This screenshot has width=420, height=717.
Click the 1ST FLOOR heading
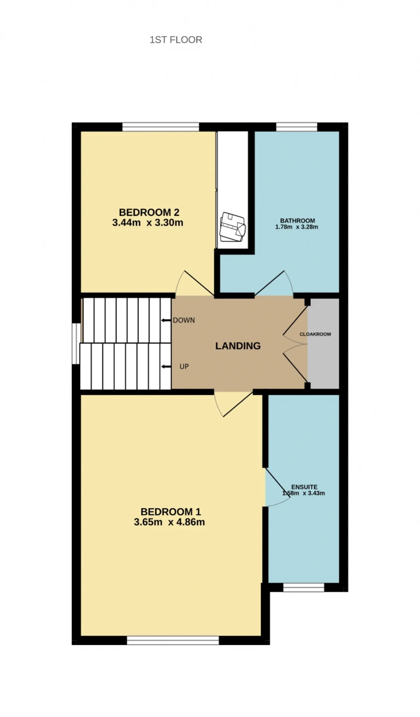pyautogui.click(x=176, y=40)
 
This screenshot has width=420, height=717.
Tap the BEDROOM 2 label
pyautogui.click(x=149, y=212)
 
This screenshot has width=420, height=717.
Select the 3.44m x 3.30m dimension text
pyautogui.click(x=148, y=223)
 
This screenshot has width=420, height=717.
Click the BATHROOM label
pyautogui.click(x=297, y=221)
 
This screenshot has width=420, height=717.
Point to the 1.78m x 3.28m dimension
pyautogui.click(x=297, y=227)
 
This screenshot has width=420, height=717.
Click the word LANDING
pyautogui.click(x=238, y=346)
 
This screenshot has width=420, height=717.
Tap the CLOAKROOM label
pyautogui.click(x=315, y=334)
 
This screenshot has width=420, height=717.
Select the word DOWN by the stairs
pyautogui.click(x=184, y=320)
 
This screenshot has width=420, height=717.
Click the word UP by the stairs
pyautogui.click(x=184, y=366)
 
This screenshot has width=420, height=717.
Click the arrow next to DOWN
pyautogui.click(x=166, y=320)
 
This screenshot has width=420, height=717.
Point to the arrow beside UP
pyautogui.click(x=166, y=366)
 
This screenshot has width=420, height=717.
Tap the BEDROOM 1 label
pyautogui.click(x=171, y=512)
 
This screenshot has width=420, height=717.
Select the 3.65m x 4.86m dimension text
pyautogui.click(x=169, y=522)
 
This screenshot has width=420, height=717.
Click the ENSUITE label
pyautogui.click(x=304, y=487)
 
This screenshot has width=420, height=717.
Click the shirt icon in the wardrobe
pyautogui.click(x=232, y=227)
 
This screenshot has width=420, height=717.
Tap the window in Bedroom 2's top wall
pyautogui.click(x=161, y=127)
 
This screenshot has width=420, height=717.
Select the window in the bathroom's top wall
pyautogui.click(x=297, y=127)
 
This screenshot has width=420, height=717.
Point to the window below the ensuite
pyautogui.click(x=304, y=587)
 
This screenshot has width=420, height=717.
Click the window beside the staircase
pyautogui.click(x=76, y=344)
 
